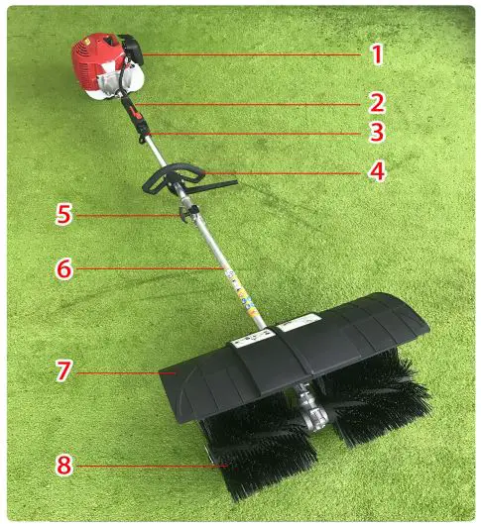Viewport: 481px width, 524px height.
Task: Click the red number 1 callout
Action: [x=377, y=53]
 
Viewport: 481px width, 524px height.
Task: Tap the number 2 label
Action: [x=377, y=101]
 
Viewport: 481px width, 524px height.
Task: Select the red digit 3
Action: [x=377, y=133]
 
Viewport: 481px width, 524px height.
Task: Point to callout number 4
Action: [x=377, y=170]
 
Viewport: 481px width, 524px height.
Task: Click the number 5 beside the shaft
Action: [x=62, y=214]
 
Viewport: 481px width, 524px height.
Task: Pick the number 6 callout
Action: [x=62, y=268]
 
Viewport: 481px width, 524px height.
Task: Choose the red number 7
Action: [x=62, y=371]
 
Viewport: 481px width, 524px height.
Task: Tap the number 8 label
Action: [x=62, y=464]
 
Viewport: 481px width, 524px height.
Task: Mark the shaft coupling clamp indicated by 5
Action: [x=188, y=213]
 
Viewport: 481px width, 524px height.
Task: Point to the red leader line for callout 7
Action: [x=119, y=372]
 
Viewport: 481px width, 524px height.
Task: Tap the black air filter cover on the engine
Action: [x=132, y=48]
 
